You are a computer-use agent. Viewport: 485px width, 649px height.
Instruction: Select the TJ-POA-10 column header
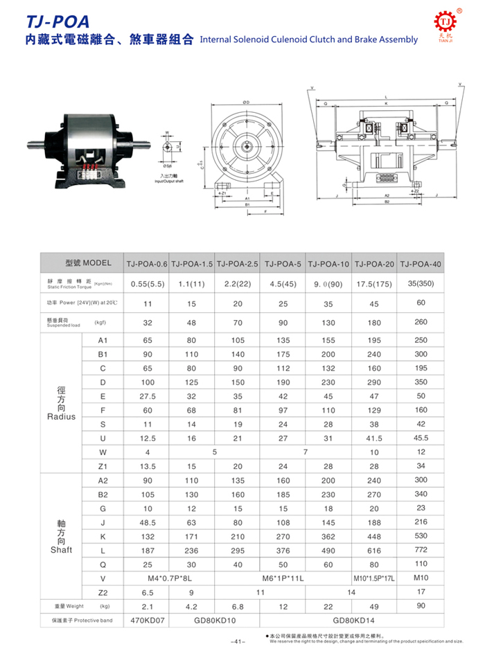(x=328, y=264)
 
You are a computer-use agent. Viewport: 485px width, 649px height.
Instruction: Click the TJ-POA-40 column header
(x=421, y=264)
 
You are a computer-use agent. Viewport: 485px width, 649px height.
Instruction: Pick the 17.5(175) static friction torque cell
(x=374, y=284)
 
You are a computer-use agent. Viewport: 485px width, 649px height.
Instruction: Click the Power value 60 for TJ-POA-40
(x=421, y=303)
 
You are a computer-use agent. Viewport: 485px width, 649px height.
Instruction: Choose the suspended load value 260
(x=421, y=322)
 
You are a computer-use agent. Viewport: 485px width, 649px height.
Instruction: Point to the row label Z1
(x=103, y=466)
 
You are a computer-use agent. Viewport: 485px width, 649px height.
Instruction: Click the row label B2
(x=103, y=495)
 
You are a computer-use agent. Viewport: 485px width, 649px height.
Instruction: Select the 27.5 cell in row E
(x=146, y=396)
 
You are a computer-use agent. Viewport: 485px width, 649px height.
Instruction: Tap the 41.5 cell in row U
(x=374, y=438)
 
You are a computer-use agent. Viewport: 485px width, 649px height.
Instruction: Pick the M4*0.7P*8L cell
(x=169, y=578)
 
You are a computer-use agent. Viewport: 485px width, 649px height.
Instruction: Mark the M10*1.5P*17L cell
(x=374, y=578)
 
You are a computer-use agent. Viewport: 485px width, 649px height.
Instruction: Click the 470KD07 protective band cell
(x=146, y=621)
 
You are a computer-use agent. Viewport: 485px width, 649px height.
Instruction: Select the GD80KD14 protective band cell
(x=351, y=621)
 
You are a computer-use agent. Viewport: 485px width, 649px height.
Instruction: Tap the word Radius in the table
(x=61, y=417)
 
